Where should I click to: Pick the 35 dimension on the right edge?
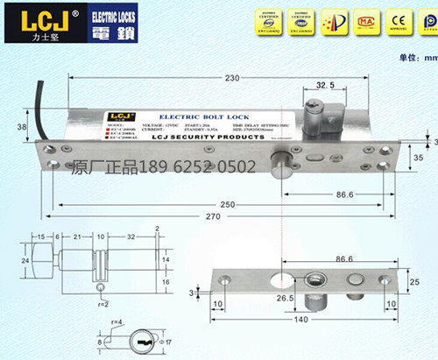[418, 158]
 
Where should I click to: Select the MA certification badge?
[345, 18]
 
